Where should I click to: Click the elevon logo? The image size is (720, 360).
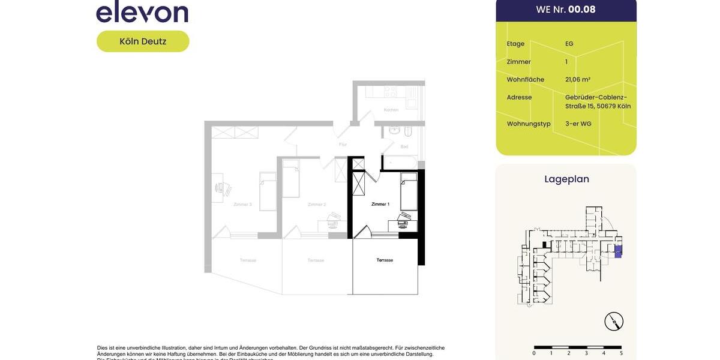[x=142, y=12]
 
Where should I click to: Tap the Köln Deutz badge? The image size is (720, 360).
[x=143, y=41]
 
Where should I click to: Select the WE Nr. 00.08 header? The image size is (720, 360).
[x=566, y=10]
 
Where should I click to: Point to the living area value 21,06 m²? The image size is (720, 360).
[x=578, y=79]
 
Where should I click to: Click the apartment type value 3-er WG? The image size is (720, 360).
[x=578, y=124]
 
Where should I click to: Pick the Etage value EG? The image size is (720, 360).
[x=569, y=44]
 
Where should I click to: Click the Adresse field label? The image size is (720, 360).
[x=519, y=97]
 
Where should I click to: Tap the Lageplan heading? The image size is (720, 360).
[x=566, y=179]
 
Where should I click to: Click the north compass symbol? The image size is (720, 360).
[x=614, y=322]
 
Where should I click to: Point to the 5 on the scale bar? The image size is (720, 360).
[x=621, y=353]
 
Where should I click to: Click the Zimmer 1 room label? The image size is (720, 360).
[x=380, y=205]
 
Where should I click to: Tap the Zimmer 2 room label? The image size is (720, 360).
[x=316, y=205]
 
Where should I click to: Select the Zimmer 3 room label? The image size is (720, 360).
[x=242, y=205]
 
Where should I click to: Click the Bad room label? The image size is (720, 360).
[x=404, y=146]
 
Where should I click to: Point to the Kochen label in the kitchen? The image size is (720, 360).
[x=391, y=110]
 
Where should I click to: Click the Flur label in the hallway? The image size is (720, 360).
[x=343, y=145]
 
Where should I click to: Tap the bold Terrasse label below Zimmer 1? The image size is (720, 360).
[x=385, y=260]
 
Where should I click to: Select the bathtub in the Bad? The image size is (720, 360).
[x=400, y=162]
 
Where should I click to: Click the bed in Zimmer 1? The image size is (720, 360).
[x=409, y=191]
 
